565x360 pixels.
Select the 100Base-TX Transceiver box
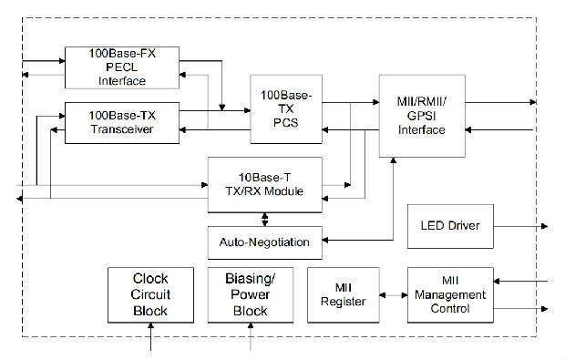pyautogui.click(x=122, y=123)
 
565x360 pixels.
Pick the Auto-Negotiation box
pyautogui.click(x=264, y=242)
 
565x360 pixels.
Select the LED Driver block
pyautogui.click(x=449, y=226)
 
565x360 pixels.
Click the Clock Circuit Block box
pyautogui.click(x=150, y=294)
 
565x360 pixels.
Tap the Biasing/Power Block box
pyautogui.click(x=251, y=294)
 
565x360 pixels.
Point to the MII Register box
pyautogui.click(x=343, y=294)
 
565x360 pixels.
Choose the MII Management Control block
pyautogui.click(x=449, y=294)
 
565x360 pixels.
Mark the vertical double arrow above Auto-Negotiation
pyautogui.click(x=265, y=218)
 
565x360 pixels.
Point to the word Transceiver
pyautogui.click(x=122, y=129)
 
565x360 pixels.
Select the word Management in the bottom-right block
pyautogui.click(x=449, y=294)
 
